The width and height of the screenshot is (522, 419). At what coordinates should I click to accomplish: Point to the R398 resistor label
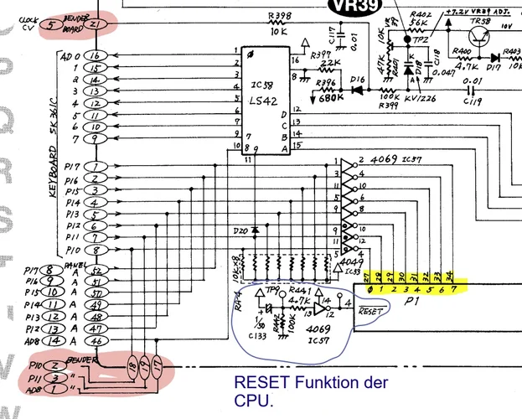click(281, 15)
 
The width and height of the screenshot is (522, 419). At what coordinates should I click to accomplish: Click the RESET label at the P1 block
click(370, 310)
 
